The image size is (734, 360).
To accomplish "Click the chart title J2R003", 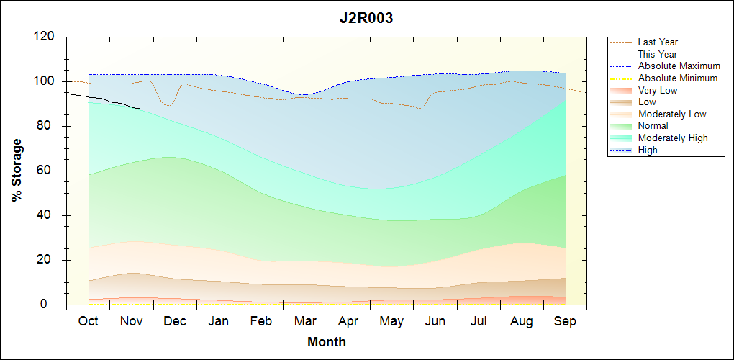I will tap(366, 18).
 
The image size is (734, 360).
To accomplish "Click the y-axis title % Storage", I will tap(17, 174).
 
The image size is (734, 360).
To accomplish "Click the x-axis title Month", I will tap(326, 342).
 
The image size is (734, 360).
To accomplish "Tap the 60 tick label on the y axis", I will tap(47, 171).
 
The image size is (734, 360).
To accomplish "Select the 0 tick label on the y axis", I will tap(51, 305).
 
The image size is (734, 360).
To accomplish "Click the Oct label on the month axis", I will tap(88, 321).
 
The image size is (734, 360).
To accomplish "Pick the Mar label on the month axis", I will tap(304, 321).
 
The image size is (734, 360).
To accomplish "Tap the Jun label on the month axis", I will tap(435, 321).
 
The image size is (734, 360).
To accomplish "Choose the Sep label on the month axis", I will tap(565, 321).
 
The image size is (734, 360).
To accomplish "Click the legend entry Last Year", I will tap(658, 42).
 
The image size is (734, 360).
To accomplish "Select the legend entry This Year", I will tap(658, 55).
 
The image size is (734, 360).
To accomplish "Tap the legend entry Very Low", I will tap(658, 90).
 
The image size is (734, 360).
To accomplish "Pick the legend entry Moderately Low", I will tap(672, 114).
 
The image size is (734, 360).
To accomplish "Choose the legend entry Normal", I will tap(653, 126).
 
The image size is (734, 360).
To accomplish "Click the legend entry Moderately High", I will tap(673, 138).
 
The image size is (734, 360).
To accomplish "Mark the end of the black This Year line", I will tap(142, 109).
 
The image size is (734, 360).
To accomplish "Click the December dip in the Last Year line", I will tap(168, 106).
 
